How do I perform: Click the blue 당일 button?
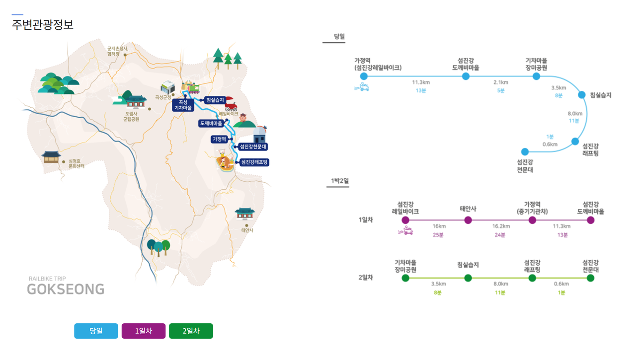96,331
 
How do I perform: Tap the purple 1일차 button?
144,331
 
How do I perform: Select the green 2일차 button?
191,331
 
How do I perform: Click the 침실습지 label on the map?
216,100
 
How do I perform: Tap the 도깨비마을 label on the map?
211,123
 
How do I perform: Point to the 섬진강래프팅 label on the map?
254,162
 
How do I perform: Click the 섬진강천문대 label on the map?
253,146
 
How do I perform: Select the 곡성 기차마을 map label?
182,105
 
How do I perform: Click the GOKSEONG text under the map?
66,289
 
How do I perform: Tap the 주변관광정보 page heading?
43,24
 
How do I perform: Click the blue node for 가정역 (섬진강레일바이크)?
364,76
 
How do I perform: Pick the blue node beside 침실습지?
582,95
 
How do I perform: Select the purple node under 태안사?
468,220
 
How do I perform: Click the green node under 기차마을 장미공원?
405,278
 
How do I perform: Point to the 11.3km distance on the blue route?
421,82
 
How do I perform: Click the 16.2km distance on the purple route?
501,226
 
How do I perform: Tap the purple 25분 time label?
438,235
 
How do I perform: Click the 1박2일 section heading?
340,181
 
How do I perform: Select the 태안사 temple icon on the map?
244,213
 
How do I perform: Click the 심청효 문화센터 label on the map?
77,163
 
